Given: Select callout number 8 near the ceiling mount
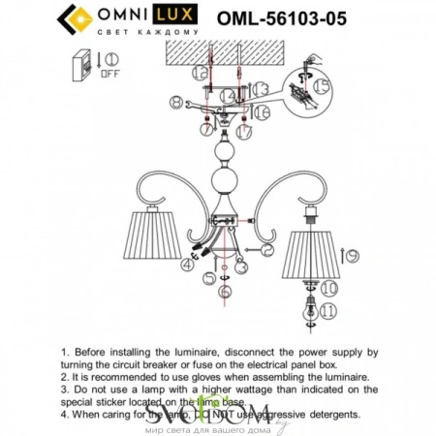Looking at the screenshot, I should click(x=175, y=102).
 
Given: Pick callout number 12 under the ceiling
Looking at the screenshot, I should click(x=201, y=73).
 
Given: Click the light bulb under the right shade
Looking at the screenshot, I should click(x=309, y=310).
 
